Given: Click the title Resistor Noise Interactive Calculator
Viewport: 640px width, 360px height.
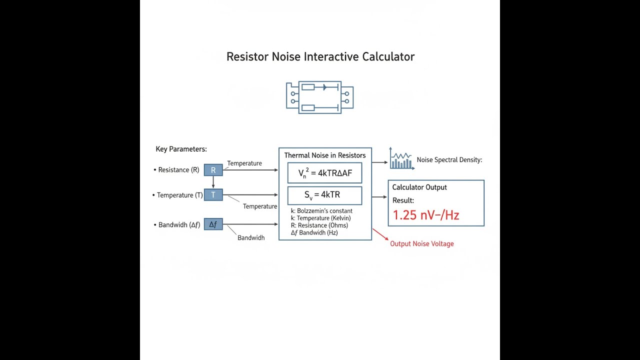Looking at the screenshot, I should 320,56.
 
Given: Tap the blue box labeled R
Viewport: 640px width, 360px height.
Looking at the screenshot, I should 213,170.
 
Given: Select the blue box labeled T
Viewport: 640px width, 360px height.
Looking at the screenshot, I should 213,195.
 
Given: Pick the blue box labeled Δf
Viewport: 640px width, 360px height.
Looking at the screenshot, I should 213,224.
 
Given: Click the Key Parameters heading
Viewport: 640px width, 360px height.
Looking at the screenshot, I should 181,149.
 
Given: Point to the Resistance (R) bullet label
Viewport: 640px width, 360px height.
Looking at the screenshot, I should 178,170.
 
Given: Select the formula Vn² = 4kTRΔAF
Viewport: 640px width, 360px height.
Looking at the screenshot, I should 325,173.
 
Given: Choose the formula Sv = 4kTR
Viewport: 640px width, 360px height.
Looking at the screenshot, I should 324,195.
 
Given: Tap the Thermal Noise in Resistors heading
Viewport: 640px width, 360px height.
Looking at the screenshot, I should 325,155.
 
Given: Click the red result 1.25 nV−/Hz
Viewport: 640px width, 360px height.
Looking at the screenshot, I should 426,215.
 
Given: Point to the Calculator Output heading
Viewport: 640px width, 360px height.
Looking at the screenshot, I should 419,187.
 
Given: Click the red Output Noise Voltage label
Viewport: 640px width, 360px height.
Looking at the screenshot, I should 422,244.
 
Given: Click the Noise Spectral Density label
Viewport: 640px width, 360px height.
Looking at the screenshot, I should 449,160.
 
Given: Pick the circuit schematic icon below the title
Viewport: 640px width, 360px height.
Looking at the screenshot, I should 320,97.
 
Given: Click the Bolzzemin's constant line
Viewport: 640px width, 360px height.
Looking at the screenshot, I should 321,211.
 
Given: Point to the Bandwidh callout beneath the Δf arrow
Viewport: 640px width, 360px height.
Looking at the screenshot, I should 251,238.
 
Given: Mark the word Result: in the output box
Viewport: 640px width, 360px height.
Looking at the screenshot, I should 403,200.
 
